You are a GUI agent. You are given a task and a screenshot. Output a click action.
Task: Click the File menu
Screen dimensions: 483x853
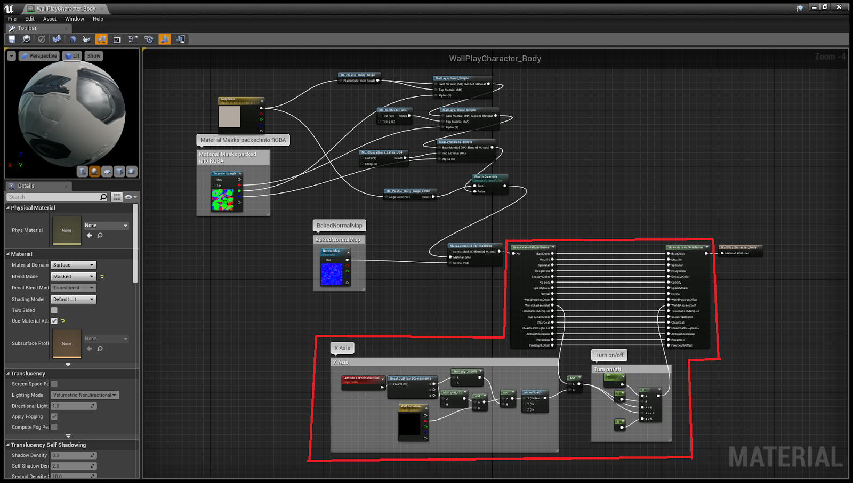pyautogui.click(x=12, y=19)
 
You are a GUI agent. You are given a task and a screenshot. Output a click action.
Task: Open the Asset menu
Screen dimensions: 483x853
pyautogui.click(x=50, y=19)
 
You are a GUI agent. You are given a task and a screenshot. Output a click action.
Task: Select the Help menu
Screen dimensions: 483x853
pyautogui.click(x=98, y=19)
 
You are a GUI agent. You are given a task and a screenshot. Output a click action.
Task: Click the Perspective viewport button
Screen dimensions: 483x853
pyautogui.click(x=39, y=56)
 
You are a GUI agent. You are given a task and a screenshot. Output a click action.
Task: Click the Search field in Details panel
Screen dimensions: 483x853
pyautogui.click(x=53, y=197)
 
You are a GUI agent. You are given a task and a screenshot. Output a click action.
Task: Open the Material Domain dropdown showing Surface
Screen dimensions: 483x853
pyautogui.click(x=74, y=265)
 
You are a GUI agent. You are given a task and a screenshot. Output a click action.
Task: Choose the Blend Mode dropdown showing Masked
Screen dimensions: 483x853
pyautogui.click(x=74, y=277)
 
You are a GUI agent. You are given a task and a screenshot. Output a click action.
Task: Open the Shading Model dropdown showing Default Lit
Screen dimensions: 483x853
pyautogui.click(x=74, y=300)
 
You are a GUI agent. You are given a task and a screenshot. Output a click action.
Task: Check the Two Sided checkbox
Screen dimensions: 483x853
pyautogui.click(x=54, y=310)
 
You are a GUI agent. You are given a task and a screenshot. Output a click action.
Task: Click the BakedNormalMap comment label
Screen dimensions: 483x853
pyautogui.click(x=339, y=226)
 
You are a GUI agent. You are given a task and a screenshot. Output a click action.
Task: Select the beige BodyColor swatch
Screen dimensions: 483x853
pyautogui.click(x=230, y=117)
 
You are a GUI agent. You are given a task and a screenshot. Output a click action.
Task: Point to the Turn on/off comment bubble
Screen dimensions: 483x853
pyautogui.click(x=609, y=355)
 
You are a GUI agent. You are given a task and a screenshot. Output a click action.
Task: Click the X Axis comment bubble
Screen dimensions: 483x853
pyautogui.click(x=342, y=348)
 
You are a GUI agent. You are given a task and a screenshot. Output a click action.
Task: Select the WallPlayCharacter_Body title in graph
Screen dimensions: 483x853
pyautogui.click(x=495, y=59)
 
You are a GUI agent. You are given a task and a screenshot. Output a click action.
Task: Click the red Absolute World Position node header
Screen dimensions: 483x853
pyautogui.click(x=362, y=378)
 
